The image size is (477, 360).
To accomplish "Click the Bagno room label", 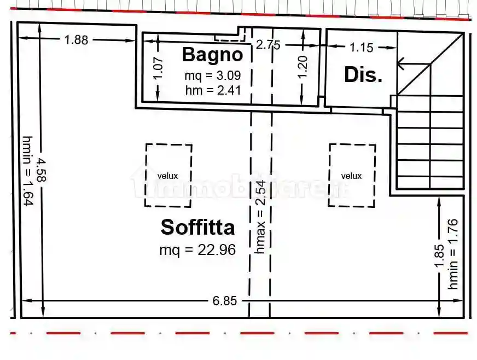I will coord(212,55).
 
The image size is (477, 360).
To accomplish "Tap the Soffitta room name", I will coord(198,227).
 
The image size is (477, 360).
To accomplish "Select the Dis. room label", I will coord(363,75).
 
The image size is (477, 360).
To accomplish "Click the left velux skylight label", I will coord(167,176).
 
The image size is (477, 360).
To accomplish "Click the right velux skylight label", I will coord(351,176).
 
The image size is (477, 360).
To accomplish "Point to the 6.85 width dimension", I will coord(224,301).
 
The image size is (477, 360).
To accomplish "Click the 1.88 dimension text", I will coord(76,39).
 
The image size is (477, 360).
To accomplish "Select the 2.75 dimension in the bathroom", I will coord(268,45).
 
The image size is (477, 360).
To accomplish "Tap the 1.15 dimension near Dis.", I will coord(362,48).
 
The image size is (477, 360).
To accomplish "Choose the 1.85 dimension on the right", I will coord(440,256).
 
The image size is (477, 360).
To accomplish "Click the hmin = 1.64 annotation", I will coord(27,171).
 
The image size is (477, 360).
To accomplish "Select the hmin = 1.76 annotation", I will coord(453,254).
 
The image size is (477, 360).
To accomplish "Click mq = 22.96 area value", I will coord(197,250).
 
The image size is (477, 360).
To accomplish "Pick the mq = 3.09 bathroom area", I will coord(212,76).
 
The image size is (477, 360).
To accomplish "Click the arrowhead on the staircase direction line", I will coord(402,65).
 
